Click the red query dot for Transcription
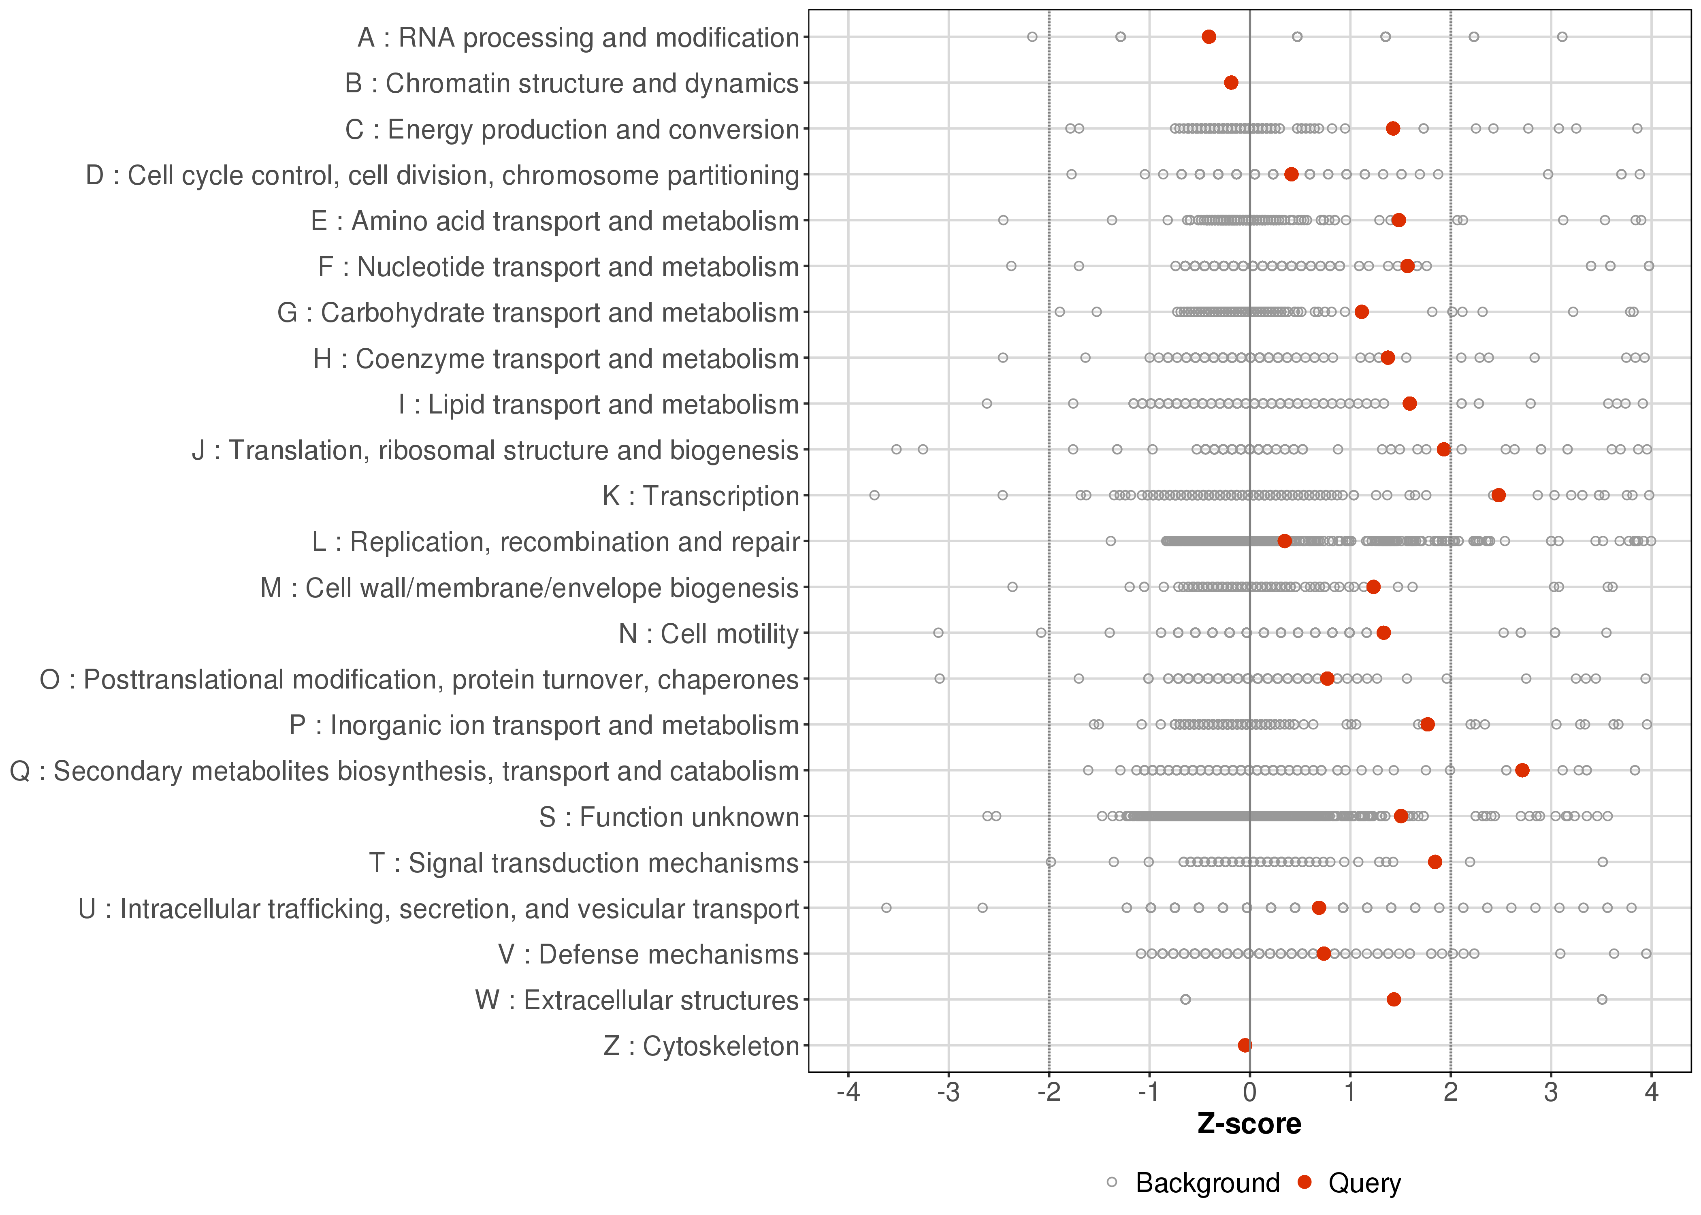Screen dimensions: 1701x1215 [1498, 495]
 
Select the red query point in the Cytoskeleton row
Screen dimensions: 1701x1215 [1245, 1045]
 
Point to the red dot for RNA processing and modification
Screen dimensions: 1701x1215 [1209, 37]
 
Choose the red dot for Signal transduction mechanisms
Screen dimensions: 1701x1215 [1435, 862]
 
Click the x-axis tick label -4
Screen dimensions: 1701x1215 [848, 1093]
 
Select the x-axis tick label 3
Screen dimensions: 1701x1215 [1552, 1093]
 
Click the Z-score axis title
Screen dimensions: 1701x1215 [1249, 1124]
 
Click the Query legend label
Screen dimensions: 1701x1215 [1364, 1183]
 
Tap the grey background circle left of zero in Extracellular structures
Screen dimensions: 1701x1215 [1185, 1000]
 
